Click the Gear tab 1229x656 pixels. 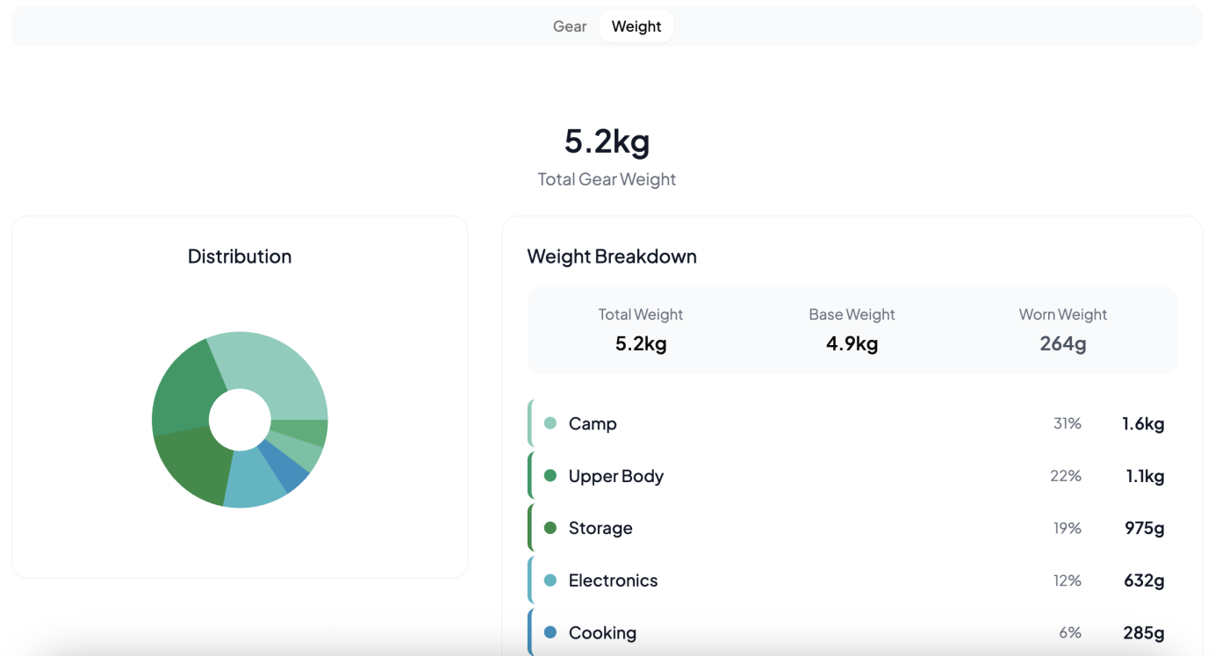[570, 26]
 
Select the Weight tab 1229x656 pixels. [636, 26]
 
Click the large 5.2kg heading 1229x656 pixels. [607, 141]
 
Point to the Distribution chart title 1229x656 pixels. [240, 256]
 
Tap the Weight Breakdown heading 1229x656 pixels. [612, 256]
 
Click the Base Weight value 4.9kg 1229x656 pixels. [852, 343]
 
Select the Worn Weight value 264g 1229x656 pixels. [1062, 343]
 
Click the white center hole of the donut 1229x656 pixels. [240, 420]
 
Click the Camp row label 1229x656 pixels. [593, 424]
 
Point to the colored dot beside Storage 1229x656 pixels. [550, 528]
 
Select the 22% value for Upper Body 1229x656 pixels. [1066, 476]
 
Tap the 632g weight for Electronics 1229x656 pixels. [1144, 580]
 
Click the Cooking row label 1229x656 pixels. [602, 633]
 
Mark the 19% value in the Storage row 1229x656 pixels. [1067, 528]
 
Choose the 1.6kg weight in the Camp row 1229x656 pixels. [1143, 424]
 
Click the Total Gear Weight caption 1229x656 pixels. [607, 179]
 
